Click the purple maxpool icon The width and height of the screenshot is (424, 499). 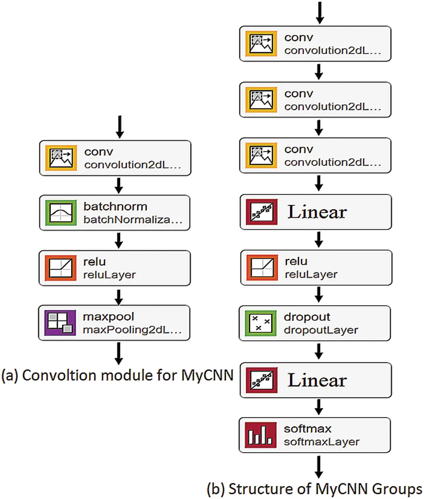click(60, 323)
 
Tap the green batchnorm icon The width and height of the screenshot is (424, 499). click(61, 213)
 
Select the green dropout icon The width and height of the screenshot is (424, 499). click(261, 323)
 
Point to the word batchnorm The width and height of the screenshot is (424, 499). click(115, 207)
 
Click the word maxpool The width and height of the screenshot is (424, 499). click(108, 317)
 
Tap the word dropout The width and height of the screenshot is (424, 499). click(307, 317)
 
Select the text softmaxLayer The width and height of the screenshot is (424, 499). click(322, 442)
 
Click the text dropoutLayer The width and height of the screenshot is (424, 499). click(321, 330)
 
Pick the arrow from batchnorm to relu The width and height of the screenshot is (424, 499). click(118, 240)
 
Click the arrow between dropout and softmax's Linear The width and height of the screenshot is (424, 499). click(319, 351)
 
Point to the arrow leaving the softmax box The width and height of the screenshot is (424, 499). click(319, 467)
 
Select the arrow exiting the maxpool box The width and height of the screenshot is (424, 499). click(118, 353)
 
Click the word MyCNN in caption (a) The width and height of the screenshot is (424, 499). click(207, 375)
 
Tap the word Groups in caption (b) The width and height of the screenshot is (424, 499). click(397, 489)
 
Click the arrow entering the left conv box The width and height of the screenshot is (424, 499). click(120, 127)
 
